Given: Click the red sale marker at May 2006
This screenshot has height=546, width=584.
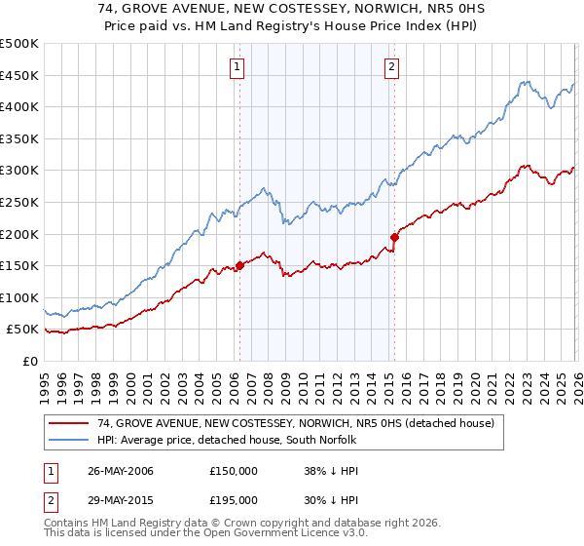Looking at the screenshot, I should [239, 265].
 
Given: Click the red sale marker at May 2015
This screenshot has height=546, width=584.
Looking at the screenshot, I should [394, 237].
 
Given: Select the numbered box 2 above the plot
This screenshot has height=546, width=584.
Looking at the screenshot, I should [391, 67].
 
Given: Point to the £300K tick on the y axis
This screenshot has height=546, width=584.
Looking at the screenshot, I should [19, 171].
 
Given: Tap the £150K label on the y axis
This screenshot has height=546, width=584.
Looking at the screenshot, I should [19, 265].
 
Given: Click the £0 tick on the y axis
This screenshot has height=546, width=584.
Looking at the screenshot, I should [29, 361].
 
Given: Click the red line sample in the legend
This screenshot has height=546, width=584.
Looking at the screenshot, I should [71, 423].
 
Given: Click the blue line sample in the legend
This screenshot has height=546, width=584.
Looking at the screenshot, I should [71, 440].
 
